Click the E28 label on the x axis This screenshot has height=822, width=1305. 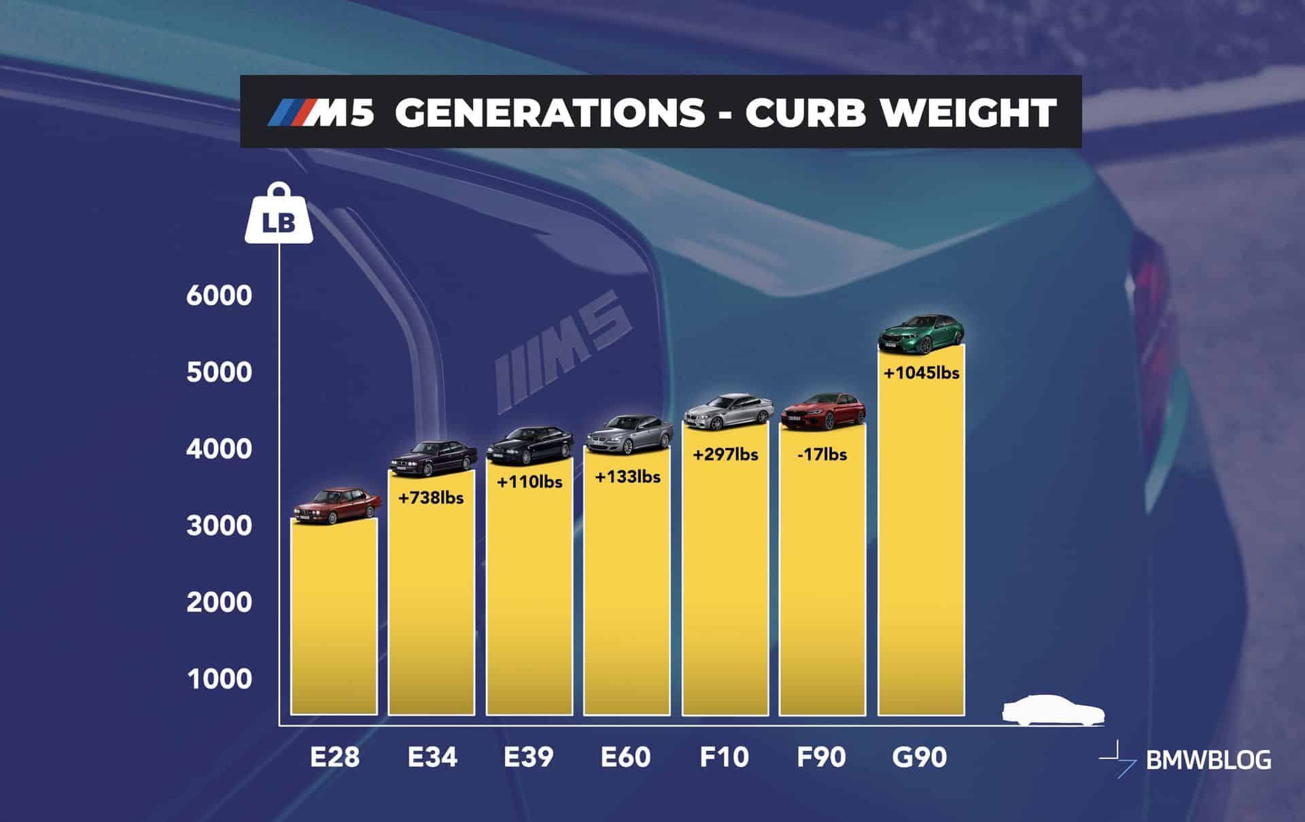pos(334,757)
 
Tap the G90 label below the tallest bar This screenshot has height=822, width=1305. pos(919,757)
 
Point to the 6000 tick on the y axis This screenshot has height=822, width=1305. pos(219,296)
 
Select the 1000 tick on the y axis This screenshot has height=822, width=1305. pos(219,679)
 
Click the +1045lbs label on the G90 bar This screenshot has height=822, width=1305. pos(921,373)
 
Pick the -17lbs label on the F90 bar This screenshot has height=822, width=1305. pos(822,454)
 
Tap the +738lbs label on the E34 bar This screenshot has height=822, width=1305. pos(431,498)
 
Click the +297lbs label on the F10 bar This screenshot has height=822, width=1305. pos(725,454)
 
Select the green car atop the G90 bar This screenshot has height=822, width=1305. pos(921,334)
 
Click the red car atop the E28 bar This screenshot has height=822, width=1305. pos(337,506)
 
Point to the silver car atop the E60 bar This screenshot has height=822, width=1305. pos(625,435)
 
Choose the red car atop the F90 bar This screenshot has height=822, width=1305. pos(822,411)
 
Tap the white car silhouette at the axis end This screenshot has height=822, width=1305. pos(1053,710)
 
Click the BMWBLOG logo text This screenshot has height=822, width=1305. pos(1208,760)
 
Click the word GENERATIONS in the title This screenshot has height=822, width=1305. pos(549,112)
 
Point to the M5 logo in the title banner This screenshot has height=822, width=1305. pos(321,113)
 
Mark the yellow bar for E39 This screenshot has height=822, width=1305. pos(529,591)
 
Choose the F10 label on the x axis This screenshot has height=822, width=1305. pos(724,757)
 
